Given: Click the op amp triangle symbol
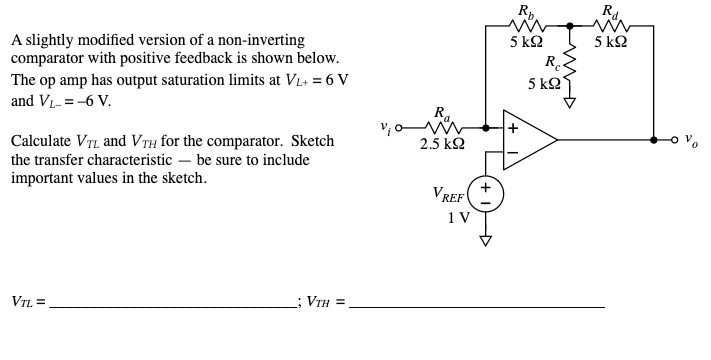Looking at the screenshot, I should [530, 140].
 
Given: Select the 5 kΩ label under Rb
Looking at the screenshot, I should [526, 43].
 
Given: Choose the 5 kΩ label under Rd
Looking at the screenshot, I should [611, 43].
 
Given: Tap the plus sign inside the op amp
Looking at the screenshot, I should [512, 128].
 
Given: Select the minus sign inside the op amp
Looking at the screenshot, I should [512, 153].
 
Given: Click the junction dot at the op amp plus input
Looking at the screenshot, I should [487, 128].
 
